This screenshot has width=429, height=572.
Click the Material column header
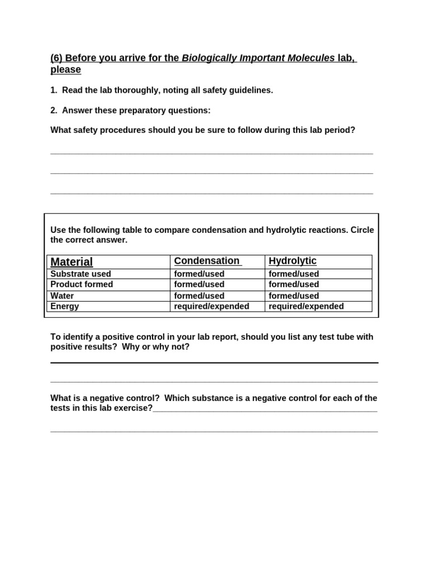pyautogui.click(x=71, y=262)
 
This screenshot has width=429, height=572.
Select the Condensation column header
pyautogui.click(x=207, y=261)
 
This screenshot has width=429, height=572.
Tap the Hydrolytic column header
pyautogui.click(x=292, y=261)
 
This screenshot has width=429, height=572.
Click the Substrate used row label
pyautogui.click(x=80, y=274)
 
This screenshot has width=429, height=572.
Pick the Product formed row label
pyautogui.click(x=82, y=284)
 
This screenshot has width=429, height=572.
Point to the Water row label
pyautogui.click(x=62, y=295)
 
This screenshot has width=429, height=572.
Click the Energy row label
pyautogui.click(x=65, y=306)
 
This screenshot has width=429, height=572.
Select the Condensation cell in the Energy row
pyautogui.click(x=212, y=306)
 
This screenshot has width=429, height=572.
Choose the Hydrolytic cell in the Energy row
pyautogui.click(x=306, y=306)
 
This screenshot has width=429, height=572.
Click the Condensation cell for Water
pyautogui.click(x=199, y=295)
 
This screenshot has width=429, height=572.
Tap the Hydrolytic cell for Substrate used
pyautogui.click(x=294, y=274)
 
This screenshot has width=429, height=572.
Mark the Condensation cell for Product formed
pyautogui.click(x=199, y=284)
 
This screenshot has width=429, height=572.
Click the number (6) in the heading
pyautogui.click(x=57, y=59)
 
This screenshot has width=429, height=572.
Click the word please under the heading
pyautogui.click(x=65, y=70)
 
